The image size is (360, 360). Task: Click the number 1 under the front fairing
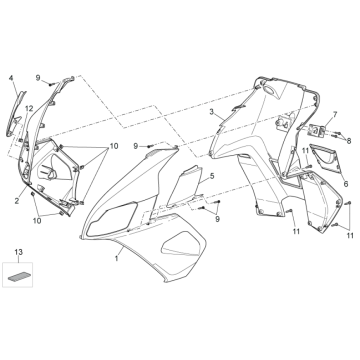(117, 258)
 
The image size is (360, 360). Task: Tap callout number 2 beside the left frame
(17, 201)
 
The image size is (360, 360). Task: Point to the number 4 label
(11, 77)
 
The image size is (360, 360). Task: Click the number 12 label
(30, 108)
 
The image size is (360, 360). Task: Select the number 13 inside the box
(17, 250)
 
